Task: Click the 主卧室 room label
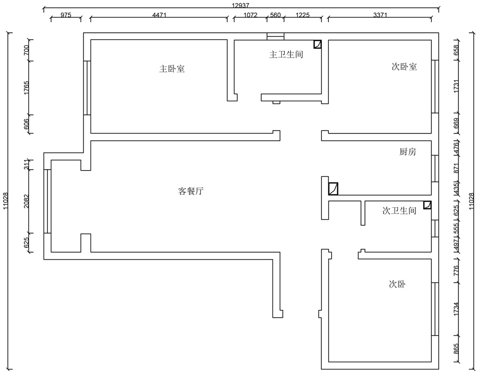tap(172, 69)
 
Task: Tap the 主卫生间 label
tap(286, 54)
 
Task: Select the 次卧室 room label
tap(404, 67)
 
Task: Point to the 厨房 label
tap(408, 152)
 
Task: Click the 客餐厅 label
tap(190, 191)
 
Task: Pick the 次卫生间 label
tap(399, 211)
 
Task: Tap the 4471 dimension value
tap(159, 15)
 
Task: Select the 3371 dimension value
tap(380, 15)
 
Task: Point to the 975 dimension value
tap(66, 15)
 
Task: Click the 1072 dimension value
tap(250, 15)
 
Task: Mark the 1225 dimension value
tap(303, 15)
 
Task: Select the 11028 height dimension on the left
tap(5, 200)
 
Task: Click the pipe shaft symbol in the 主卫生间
tap(318, 44)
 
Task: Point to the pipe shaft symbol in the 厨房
tap(333, 188)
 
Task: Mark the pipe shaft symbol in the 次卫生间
tap(427, 205)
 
